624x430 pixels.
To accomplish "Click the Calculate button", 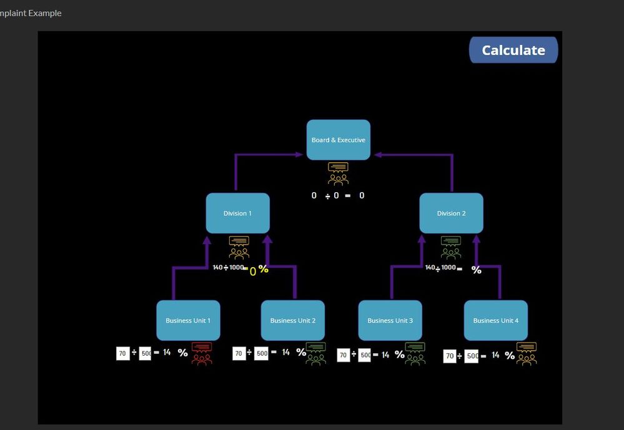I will (x=513, y=51).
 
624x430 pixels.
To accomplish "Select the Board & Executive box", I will (x=339, y=140).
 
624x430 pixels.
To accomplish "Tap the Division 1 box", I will (x=238, y=213).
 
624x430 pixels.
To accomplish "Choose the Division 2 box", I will (x=451, y=213).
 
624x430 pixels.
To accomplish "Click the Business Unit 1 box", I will (x=188, y=320).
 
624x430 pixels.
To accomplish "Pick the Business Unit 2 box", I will (x=293, y=320).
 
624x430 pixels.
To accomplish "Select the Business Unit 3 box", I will (x=390, y=320).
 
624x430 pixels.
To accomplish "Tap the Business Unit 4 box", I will (x=496, y=320).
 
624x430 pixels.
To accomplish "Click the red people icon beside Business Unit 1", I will (x=202, y=354).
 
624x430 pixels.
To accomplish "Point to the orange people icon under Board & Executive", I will (x=339, y=174).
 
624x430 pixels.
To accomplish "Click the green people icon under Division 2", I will (x=451, y=247).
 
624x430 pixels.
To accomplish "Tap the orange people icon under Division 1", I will (x=239, y=247).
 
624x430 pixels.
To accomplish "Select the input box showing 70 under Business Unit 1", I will (x=123, y=353).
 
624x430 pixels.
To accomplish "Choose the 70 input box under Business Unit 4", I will (x=449, y=356).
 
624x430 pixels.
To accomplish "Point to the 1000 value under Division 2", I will (x=448, y=268).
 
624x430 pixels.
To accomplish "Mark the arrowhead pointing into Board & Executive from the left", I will (x=300, y=154).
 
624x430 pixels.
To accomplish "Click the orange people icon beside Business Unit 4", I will (x=527, y=354).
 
